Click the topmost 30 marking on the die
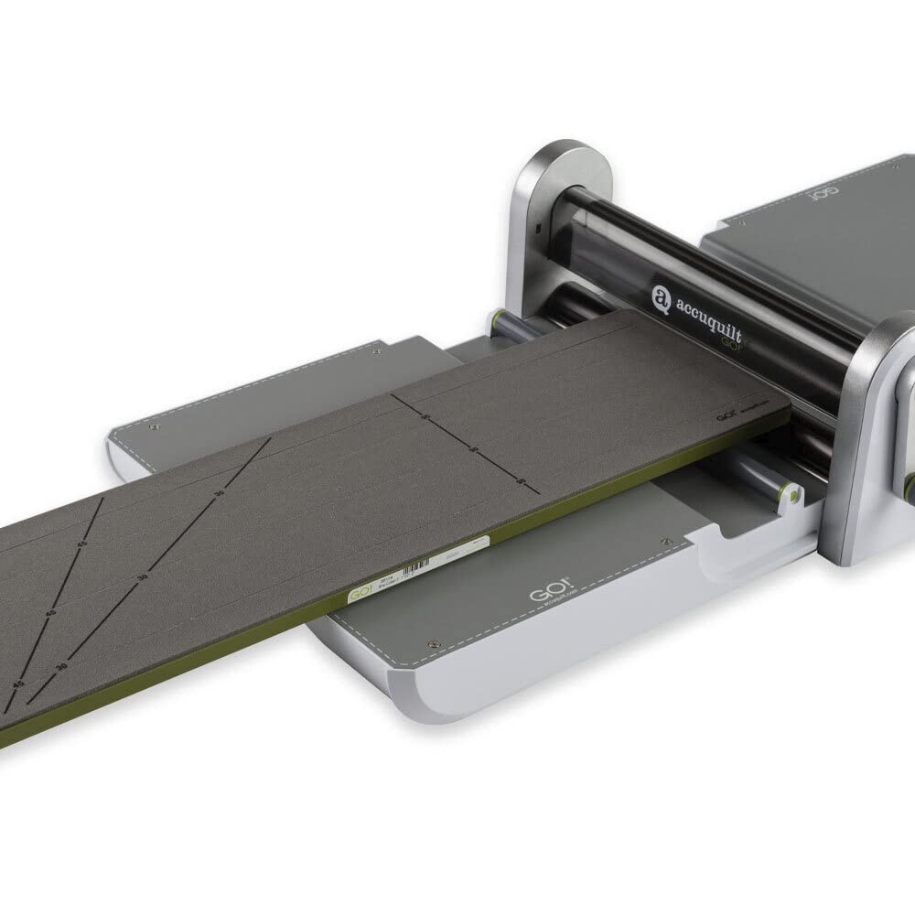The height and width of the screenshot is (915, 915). [x=218, y=494]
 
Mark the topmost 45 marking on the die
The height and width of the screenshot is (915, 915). [x=82, y=545]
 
